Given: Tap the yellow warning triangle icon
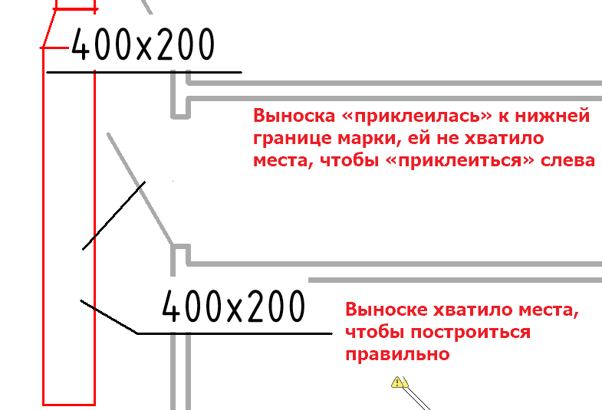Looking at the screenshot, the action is point(399,382).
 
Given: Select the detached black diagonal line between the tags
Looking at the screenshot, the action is point(113,215).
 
